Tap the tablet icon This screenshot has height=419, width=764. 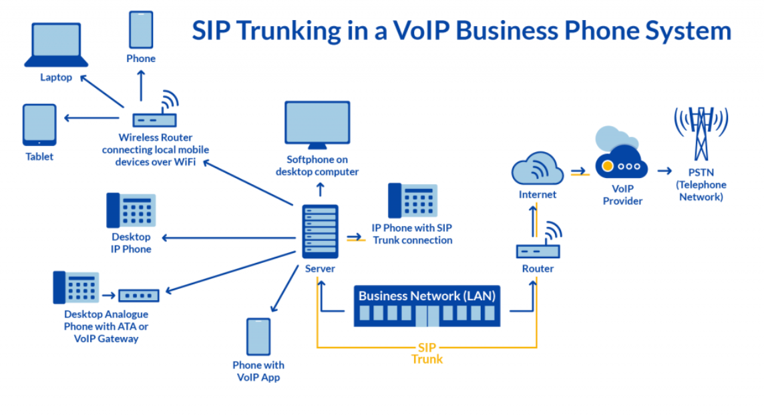[39, 124]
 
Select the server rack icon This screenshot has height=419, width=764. [320, 231]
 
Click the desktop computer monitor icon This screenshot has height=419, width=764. [317, 125]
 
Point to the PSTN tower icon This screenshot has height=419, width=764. [701, 133]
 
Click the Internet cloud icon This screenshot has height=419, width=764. [538, 168]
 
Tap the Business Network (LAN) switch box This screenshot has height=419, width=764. [425, 306]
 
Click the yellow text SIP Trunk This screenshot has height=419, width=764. [427, 354]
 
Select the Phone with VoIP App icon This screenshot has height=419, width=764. [258, 336]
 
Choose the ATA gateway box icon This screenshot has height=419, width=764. [139, 295]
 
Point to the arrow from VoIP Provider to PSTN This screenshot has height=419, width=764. [664, 171]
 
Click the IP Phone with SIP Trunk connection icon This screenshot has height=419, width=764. [412, 201]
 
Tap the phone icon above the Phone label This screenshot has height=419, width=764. [141, 29]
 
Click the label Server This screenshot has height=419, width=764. [320, 268]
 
